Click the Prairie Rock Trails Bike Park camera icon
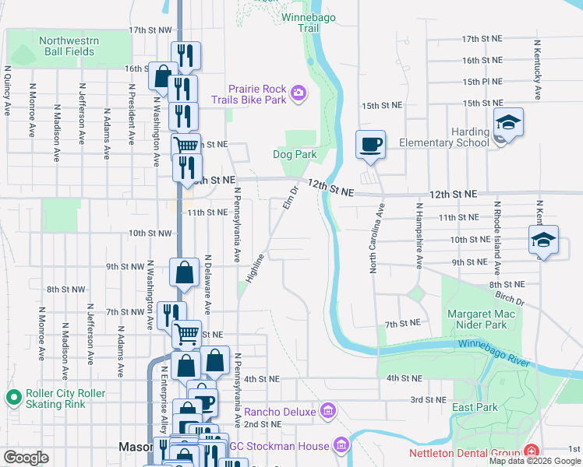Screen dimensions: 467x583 (x=298, y=94)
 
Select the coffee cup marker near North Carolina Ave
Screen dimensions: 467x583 (x=370, y=143)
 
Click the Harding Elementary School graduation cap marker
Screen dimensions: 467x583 (x=508, y=123)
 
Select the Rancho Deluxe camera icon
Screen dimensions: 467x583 (x=329, y=410)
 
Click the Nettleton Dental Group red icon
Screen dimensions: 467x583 (x=532, y=451)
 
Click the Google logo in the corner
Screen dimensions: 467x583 (x=26, y=457)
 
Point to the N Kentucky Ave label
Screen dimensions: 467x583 (x=537, y=69)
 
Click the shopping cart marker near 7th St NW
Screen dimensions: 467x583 (x=186, y=334)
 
